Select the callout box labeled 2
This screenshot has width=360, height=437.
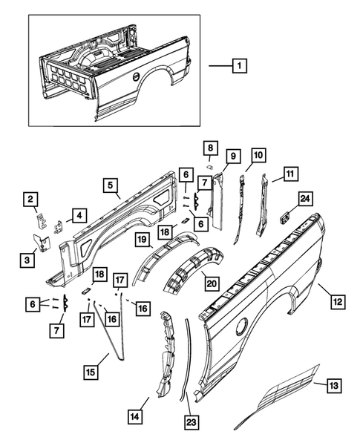(31, 198)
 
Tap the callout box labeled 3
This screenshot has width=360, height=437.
(28, 258)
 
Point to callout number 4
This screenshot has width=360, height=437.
(76, 216)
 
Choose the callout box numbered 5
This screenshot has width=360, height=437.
(109, 185)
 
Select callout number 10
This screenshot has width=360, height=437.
(258, 155)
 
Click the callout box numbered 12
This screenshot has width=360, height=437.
(336, 302)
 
